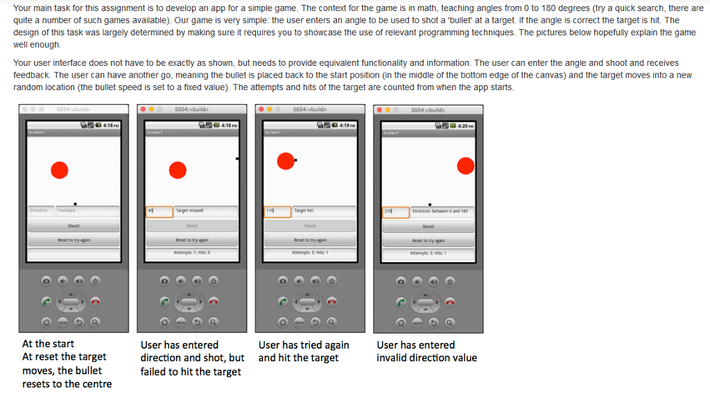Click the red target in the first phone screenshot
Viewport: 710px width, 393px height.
click(60, 170)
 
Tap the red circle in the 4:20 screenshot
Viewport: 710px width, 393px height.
click(466, 165)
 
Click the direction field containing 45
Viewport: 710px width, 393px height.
click(159, 211)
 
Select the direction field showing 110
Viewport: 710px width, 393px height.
click(277, 211)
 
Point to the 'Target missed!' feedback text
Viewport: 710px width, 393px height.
click(189, 210)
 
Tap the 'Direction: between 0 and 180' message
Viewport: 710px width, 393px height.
click(440, 211)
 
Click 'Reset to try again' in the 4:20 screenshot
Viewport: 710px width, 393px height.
click(428, 241)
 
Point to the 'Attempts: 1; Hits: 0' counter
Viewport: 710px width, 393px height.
click(191, 253)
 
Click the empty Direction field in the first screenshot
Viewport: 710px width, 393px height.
click(40, 211)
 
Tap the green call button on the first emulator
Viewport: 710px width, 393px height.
click(46, 301)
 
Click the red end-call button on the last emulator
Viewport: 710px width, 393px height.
click(451, 301)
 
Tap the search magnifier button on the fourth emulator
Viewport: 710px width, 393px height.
click(451, 322)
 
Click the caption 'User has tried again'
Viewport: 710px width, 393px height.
click(304, 344)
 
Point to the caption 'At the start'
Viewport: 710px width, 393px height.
click(48, 343)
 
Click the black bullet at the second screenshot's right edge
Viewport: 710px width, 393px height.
click(237, 159)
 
